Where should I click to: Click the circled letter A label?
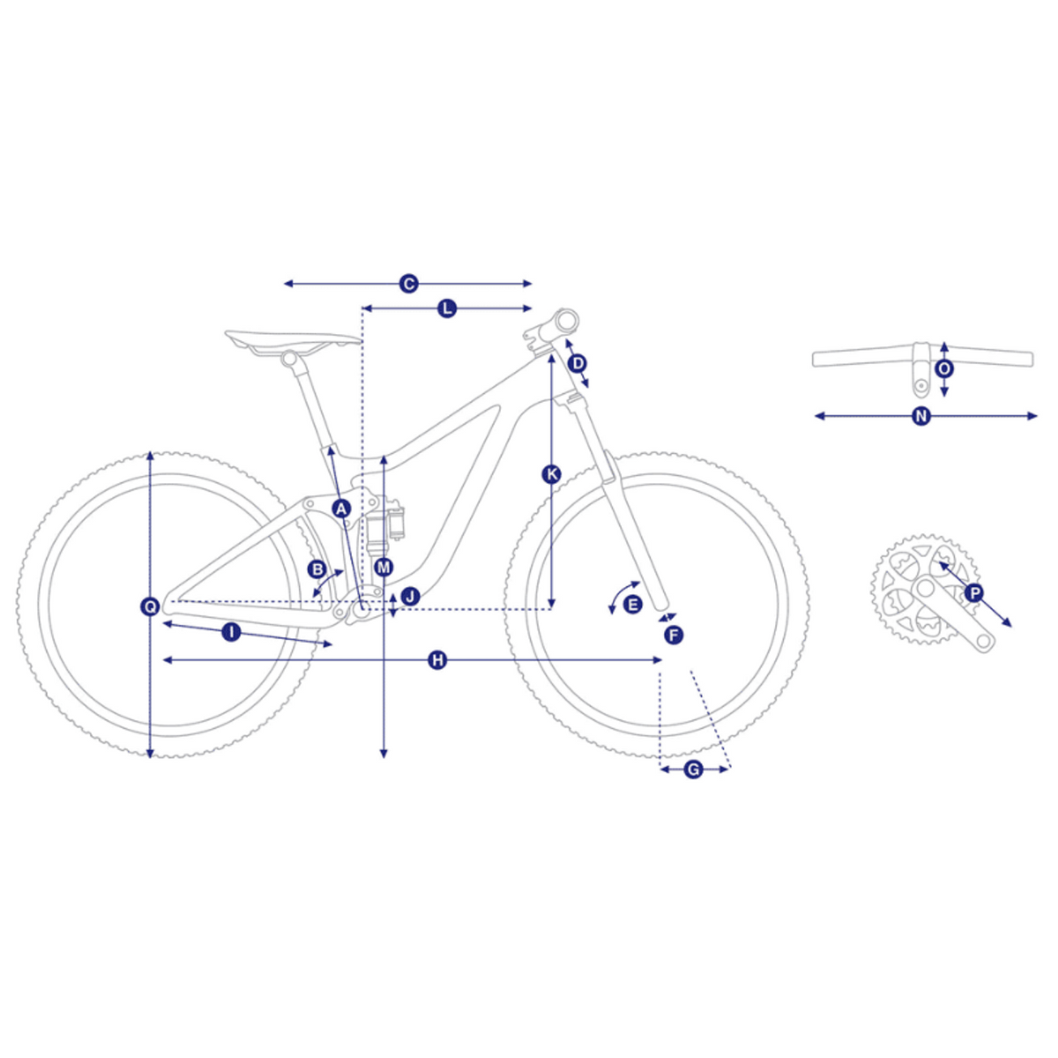341,509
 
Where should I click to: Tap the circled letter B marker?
317,570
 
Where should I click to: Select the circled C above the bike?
408,284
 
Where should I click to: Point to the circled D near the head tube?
577,363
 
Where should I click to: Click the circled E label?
633,605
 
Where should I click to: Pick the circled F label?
673,636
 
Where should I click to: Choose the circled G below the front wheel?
694,770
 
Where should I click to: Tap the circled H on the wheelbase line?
437,660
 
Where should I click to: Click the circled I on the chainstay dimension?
232,632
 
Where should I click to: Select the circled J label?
410,596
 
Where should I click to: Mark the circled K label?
551,473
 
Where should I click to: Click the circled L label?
448,309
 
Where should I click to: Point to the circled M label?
384,567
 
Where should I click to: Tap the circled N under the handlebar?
922,417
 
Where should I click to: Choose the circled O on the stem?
944,369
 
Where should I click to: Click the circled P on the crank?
974,593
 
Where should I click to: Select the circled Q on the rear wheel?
150,606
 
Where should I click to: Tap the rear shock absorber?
385,525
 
